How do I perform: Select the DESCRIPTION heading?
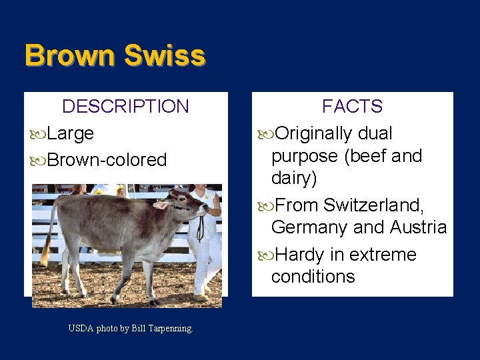[x=125, y=107]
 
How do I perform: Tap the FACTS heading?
[x=352, y=107]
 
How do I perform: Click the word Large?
[x=70, y=133]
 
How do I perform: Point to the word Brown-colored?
[x=107, y=160]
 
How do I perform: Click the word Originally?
[x=313, y=133]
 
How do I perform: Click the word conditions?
[x=313, y=277]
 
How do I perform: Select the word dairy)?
[x=294, y=179]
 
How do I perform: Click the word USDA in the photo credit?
[x=80, y=328]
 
